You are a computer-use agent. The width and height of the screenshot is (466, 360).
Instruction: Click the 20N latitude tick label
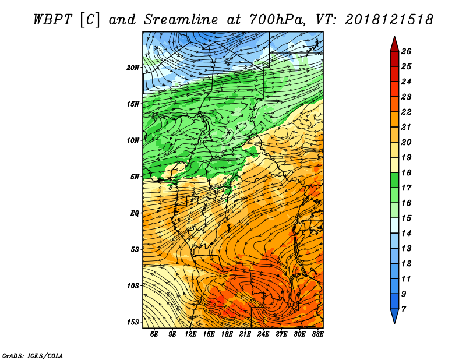[x=133, y=68]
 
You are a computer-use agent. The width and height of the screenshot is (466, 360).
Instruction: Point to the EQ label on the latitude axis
[x=135, y=213]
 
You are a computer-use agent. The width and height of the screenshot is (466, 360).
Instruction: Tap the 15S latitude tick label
[x=133, y=322]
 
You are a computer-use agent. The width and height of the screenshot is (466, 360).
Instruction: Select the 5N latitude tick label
[x=135, y=177]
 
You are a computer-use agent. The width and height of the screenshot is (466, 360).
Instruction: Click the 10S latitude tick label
[x=133, y=286]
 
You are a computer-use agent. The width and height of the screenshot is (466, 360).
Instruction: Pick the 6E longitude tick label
[x=154, y=334]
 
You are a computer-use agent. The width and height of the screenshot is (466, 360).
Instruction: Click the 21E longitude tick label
[x=245, y=334]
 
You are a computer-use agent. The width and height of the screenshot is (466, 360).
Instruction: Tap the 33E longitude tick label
[x=317, y=334]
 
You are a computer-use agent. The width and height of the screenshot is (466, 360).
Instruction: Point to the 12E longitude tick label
[x=190, y=334]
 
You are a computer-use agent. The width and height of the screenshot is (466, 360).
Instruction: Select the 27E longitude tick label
[x=281, y=334]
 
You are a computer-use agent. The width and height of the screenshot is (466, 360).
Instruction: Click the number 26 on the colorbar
[x=406, y=51]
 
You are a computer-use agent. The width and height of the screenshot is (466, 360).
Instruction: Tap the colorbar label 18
[x=406, y=172]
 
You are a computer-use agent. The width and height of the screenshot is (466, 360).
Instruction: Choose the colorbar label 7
[x=403, y=309]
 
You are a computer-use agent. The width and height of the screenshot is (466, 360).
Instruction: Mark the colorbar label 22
[x=406, y=112]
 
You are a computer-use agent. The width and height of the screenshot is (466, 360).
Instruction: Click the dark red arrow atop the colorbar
[x=394, y=45]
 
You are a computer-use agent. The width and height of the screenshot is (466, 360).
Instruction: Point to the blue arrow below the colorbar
[x=394, y=315]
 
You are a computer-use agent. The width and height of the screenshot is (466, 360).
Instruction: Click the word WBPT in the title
[x=52, y=20]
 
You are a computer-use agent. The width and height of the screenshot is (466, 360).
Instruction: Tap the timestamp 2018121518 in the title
[x=389, y=20]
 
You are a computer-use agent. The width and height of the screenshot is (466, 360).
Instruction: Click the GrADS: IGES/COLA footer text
[x=33, y=356]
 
